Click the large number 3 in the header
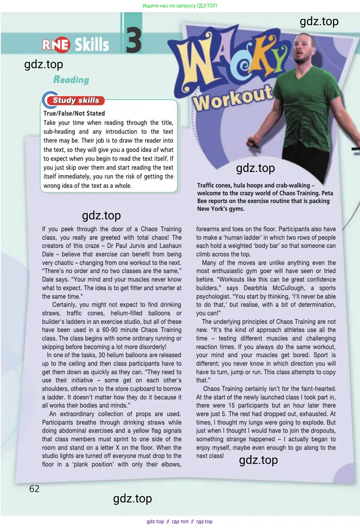click(x=133, y=40)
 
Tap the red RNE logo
click(x=56, y=45)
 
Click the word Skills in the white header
click(x=92, y=45)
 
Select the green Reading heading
click(x=71, y=80)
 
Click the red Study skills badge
click(x=76, y=100)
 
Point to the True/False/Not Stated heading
click(x=74, y=113)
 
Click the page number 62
click(x=34, y=489)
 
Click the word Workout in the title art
click(x=233, y=98)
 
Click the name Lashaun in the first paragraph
click(x=170, y=246)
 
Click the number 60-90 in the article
click(x=111, y=330)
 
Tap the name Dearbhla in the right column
click(x=255, y=288)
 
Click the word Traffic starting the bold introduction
click(x=206, y=185)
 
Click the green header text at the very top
click(x=180, y=6)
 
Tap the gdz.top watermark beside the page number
click(x=132, y=498)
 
